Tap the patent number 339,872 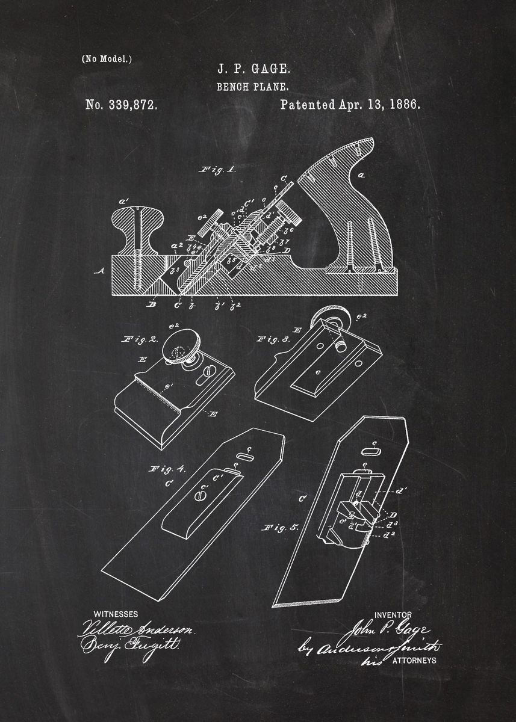pos(122,105)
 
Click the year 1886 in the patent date pos(405,104)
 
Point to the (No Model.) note pos(107,59)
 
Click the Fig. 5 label pos(281,528)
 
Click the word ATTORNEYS pos(414,660)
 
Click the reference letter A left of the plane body pos(98,271)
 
